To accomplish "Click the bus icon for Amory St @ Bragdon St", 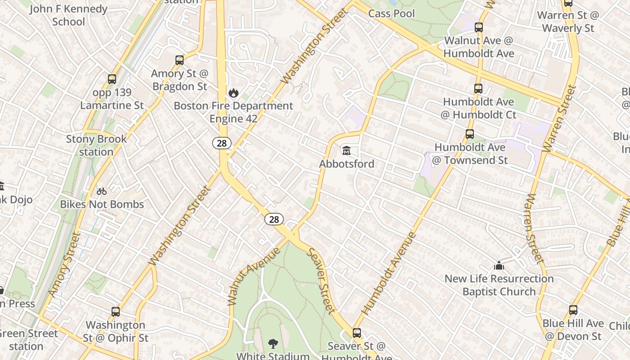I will click(180, 60).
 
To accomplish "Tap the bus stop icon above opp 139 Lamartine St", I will click(112, 79).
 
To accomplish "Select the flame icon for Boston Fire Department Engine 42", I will click(233, 93).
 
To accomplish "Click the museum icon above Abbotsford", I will click(346, 150).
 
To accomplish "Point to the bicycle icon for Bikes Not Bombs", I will click(102, 191).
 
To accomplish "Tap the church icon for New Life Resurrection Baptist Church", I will click(499, 265).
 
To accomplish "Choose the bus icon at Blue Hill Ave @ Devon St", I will click(573, 310).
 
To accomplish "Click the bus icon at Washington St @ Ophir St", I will click(116, 311).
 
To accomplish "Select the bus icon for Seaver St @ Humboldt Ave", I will click(357, 333).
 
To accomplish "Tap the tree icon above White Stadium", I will click(273, 344).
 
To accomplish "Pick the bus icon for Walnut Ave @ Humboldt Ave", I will click(479, 27).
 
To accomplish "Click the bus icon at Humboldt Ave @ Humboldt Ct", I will click(478, 89).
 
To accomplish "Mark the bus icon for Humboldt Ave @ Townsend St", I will click(470, 134).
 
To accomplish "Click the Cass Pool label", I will click(391, 13).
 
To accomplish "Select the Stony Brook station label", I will click(96, 145).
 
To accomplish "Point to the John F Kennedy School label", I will click(68, 15).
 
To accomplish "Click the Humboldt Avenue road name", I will click(389, 273).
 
